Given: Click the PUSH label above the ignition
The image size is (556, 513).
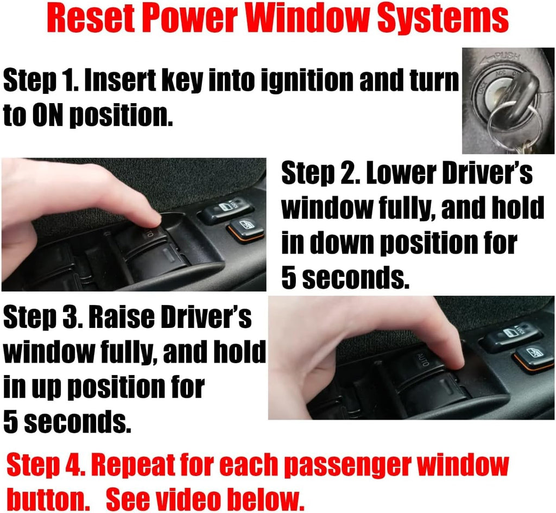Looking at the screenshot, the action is [x=508, y=56].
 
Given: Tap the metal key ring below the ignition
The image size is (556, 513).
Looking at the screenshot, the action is [x=515, y=124].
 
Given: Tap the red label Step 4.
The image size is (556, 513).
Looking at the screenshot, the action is [x=46, y=465].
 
